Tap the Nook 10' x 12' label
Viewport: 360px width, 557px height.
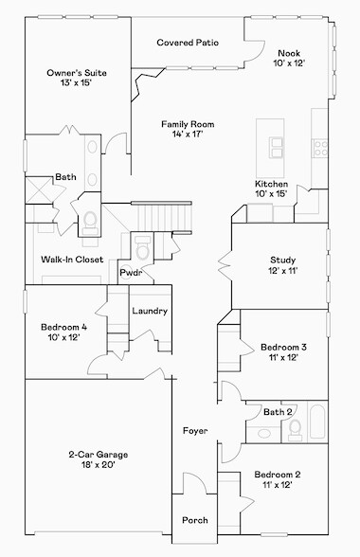tap(289, 59)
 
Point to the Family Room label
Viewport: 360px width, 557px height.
tap(187, 129)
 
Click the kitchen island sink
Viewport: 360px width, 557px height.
tap(278, 146)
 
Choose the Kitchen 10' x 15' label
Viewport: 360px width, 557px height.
tap(271, 189)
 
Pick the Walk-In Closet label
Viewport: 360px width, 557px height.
tap(72, 259)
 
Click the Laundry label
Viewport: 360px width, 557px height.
tap(150, 311)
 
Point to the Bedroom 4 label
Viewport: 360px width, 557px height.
tap(64, 332)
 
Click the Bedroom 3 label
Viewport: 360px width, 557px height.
tap(282, 353)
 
